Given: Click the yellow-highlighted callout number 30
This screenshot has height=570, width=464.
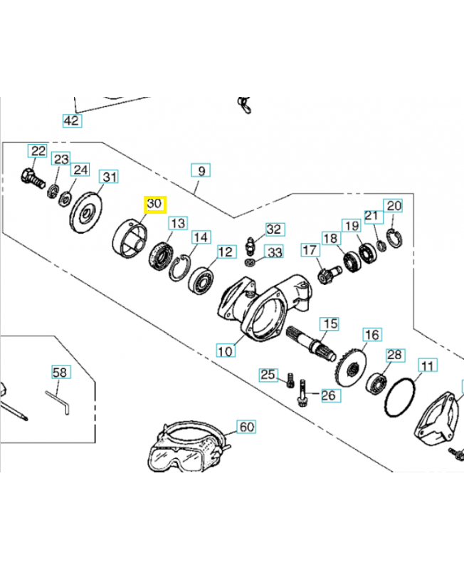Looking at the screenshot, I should [154, 204].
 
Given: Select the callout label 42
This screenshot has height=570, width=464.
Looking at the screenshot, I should [71, 120].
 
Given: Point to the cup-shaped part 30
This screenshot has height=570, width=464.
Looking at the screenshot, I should [129, 240].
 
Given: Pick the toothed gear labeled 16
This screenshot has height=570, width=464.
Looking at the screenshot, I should [349, 368].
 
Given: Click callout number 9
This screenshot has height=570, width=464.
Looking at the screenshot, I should [201, 171].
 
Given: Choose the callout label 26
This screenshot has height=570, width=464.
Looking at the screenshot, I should [329, 395].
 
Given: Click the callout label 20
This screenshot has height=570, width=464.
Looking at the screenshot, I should [394, 206].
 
